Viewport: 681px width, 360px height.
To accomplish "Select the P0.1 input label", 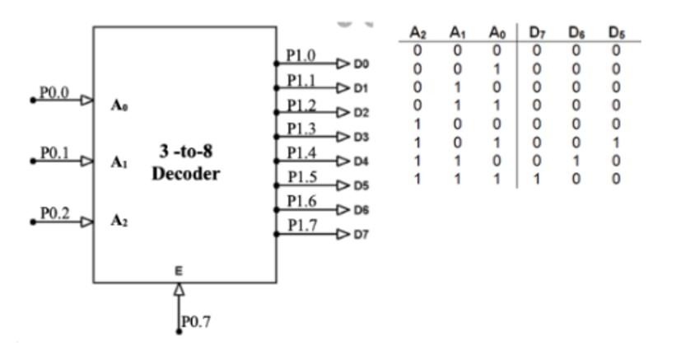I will coord(54,153).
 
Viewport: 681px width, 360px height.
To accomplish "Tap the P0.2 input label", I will coord(54,213).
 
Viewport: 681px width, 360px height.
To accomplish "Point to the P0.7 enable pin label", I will coord(196,321).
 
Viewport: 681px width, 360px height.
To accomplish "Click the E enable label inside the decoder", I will coord(179,269).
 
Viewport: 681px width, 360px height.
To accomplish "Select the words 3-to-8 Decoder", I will coord(185,164).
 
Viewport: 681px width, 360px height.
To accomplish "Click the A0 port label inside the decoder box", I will coord(118,105).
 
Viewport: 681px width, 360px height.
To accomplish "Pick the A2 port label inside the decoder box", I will coord(118,222).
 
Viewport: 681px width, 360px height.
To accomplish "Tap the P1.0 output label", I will coord(301,55).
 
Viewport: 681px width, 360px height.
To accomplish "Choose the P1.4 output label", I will coord(301,152).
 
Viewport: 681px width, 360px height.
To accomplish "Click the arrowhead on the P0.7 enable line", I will coord(179,289).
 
